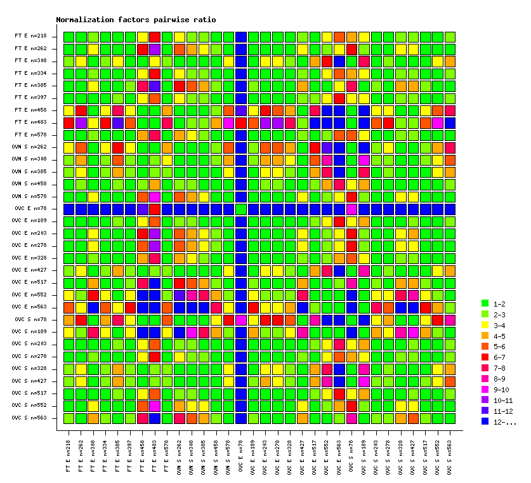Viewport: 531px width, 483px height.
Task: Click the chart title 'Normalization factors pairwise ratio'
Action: (x=136, y=20)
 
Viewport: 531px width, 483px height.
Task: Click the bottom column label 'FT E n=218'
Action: (x=69, y=455)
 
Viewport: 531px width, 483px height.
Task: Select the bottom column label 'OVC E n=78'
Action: (x=241, y=455)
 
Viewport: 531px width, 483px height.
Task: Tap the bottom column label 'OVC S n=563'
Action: (x=450, y=455)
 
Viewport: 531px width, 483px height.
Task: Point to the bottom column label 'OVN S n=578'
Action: (x=228, y=455)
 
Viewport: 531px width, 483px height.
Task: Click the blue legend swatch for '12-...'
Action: (x=485, y=422)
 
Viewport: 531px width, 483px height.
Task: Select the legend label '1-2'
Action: (x=500, y=303)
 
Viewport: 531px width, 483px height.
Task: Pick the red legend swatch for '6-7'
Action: (x=485, y=357)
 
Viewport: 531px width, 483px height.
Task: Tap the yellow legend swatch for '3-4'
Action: (x=485, y=325)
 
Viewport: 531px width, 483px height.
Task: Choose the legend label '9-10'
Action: (x=502, y=390)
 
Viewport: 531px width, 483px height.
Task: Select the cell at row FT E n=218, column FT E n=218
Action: (x=69, y=36)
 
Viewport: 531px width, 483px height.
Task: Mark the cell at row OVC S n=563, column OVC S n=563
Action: (x=450, y=418)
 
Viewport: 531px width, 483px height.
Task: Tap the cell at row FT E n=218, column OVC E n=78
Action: (x=241, y=36)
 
